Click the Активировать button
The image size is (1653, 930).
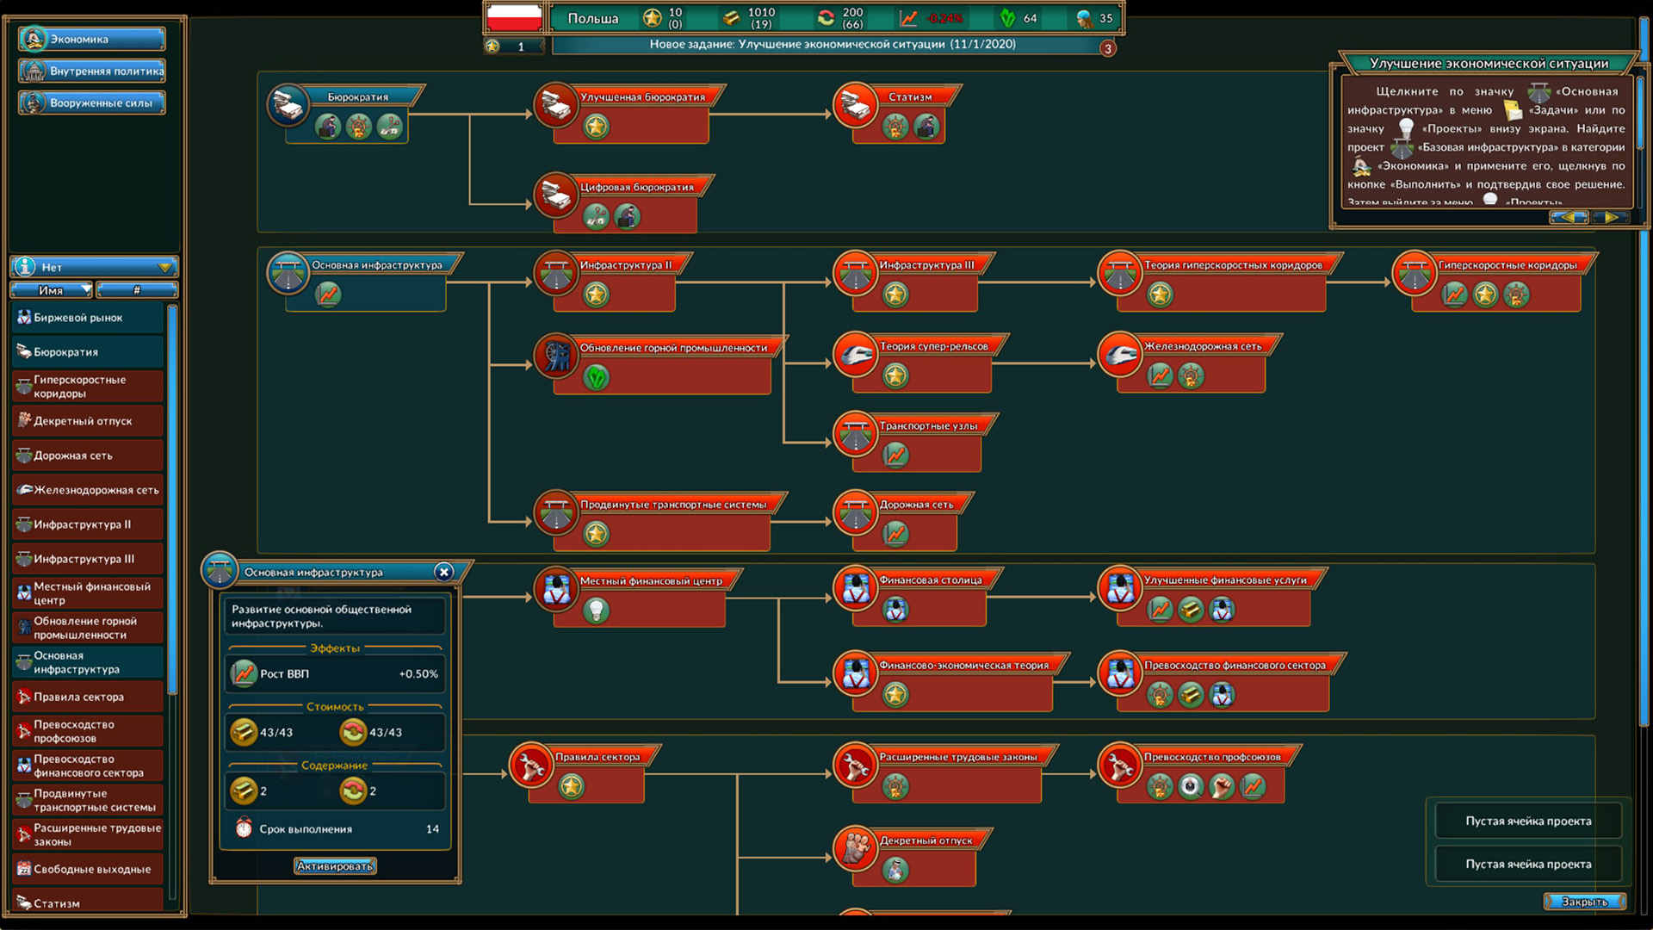[x=335, y=866]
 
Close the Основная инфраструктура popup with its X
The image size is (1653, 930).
[x=443, y=572]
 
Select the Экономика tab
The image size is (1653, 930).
[x=92, y=39]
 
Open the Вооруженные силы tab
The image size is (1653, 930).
[x=92, y=103]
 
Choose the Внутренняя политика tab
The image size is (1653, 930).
[x=92, y=71]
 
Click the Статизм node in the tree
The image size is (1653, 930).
[x=910, y=97]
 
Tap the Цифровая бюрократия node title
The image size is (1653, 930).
[x=637, y=188]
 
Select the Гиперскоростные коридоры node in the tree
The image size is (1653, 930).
[x=1507, y=265]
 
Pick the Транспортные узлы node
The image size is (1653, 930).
[x=928, y=426]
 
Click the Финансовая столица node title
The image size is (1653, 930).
[x=930, y=580]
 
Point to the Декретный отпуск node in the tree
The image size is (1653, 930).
[x=926, y=841]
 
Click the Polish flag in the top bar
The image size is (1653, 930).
[x=514, y=18]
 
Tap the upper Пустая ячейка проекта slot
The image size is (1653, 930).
[x=1528, y=821]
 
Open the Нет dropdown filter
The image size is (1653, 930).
[x=95, y=267]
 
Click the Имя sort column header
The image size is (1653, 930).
[x=52, y=290]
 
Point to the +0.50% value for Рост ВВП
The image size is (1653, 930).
[x=418, y=674]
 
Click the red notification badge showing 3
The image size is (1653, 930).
[x=1108, y=48]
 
